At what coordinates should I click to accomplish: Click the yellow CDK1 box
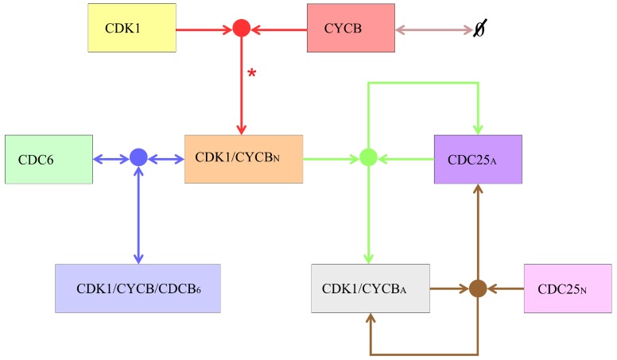pos(131,28)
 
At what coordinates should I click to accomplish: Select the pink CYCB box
pos(351,28)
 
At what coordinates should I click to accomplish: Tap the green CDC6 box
pos(48,159)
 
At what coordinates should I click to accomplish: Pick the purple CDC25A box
pos(477,159)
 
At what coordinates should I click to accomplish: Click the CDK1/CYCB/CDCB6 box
pos(137,288)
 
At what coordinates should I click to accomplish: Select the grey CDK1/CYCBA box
pos(370,288)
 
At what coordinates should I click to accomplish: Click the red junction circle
pos(241,29)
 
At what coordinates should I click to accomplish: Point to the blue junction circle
pos(138,158)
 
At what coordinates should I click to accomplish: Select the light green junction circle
pos(367,158)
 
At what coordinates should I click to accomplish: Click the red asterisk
pos(252,74)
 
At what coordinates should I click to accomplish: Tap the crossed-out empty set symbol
pos(480,29)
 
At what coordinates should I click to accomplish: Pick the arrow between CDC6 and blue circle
pos(111,158)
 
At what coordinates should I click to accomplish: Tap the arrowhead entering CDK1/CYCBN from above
pos(241,129)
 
